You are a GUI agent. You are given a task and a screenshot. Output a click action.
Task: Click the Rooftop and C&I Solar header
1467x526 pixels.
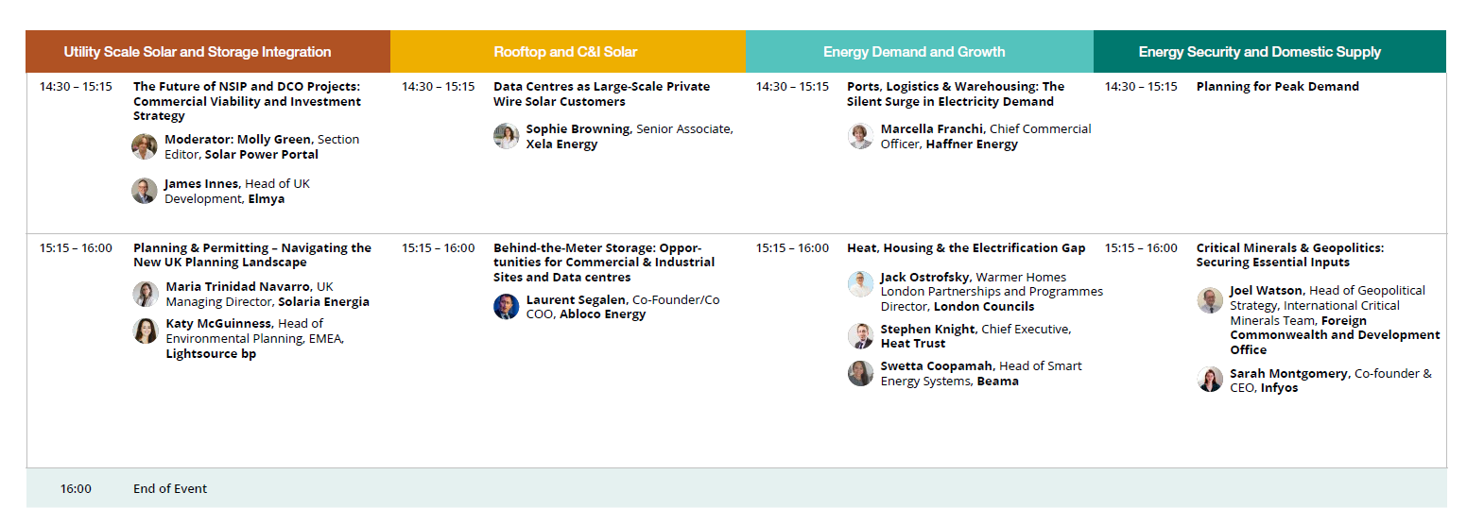pos(565,52)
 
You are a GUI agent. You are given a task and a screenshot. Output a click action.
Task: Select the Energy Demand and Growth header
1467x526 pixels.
pos(914,52)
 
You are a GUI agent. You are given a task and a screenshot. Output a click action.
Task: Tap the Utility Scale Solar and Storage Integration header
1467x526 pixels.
pos(198,52)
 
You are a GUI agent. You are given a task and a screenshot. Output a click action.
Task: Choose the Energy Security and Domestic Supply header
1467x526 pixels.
pos(1259,52)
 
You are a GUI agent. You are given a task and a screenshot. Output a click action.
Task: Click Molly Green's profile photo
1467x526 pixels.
pos(144,146)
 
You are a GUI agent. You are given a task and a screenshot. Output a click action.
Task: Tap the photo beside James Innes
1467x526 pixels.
pos(144,191)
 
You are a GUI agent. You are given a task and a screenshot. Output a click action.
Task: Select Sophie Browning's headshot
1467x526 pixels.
pos(506,136)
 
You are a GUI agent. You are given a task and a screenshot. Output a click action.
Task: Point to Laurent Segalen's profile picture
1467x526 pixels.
pos(506,307)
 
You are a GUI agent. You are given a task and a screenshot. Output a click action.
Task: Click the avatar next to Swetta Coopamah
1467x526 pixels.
pos(860,374)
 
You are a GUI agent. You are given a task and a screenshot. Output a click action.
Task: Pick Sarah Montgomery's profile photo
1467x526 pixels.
pos(1210,380)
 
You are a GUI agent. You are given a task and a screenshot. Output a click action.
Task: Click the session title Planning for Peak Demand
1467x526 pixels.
pos(1277,86)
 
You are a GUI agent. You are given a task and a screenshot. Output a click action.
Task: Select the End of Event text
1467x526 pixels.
pos(169,489)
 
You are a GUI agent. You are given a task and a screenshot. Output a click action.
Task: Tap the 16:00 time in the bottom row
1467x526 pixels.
pos(76,489)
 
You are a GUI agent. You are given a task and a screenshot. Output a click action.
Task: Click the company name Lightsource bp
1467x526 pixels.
pos(211,354)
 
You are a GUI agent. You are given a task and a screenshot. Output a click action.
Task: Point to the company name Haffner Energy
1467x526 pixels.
pos(972,144)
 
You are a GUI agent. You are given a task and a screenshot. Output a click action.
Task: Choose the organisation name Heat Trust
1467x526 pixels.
pos(913,344)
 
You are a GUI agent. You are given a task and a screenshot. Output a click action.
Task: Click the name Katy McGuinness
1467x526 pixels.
pos(218,323)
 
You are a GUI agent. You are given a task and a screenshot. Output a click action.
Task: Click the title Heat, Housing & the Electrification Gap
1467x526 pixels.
pos(966,248)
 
